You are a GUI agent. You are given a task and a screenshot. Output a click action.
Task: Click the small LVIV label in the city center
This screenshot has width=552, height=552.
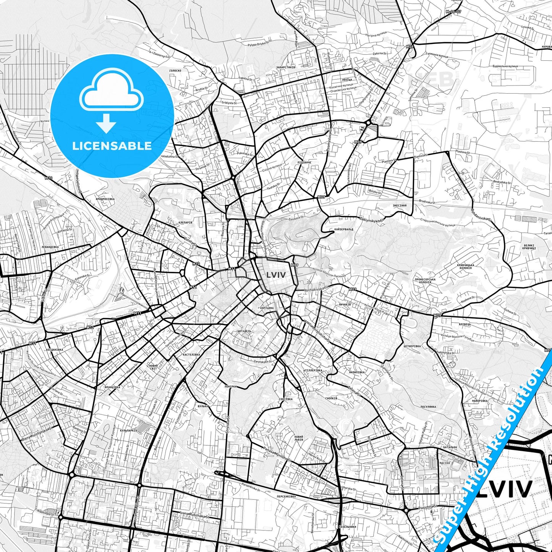[276, 275]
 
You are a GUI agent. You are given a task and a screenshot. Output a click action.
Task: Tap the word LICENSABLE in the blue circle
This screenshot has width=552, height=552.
[112, 146]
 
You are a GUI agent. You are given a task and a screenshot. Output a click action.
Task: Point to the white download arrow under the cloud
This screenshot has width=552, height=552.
[106, 123]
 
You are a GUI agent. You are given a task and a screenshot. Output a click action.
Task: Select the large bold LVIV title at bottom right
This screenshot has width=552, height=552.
[504, 489]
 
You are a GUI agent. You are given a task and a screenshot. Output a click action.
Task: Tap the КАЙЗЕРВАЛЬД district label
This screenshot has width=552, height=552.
[344, 229]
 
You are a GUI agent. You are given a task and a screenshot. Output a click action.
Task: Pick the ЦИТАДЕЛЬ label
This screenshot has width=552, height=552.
[244, 331]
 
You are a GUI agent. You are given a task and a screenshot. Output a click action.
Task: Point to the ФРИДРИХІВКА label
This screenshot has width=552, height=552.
[105, 199]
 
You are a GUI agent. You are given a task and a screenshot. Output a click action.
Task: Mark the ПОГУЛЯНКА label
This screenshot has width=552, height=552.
[428, 406]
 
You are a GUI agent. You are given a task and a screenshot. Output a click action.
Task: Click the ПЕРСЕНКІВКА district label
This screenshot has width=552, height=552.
[286, 497]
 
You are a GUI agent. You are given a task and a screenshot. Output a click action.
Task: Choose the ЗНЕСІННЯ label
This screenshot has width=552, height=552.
[400, 206]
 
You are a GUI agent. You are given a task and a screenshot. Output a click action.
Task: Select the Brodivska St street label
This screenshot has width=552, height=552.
[427, 201]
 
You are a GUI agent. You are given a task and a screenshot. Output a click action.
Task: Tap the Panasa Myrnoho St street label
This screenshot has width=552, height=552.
[277, 453]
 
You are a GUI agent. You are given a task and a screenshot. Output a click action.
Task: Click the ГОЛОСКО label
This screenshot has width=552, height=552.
[175, 71]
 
